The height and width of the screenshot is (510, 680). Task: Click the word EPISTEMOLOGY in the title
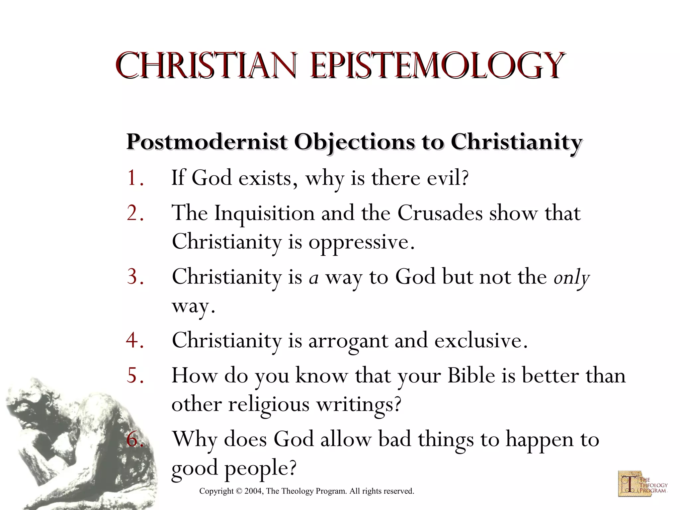click(436, 65)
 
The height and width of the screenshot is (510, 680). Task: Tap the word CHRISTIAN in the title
click(206, 65)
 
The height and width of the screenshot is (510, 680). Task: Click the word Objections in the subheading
click(354, 143)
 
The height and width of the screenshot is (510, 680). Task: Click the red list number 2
click(135, 213)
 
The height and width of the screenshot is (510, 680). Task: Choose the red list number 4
click(135, 340)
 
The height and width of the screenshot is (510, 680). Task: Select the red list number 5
click(135, 376)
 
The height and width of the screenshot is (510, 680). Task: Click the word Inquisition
click(264, 213)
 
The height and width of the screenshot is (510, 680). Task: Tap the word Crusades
click(440, 213)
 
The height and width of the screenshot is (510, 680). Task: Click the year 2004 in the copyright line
click(253, 491)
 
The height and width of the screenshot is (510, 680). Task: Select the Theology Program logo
click(642, 484)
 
